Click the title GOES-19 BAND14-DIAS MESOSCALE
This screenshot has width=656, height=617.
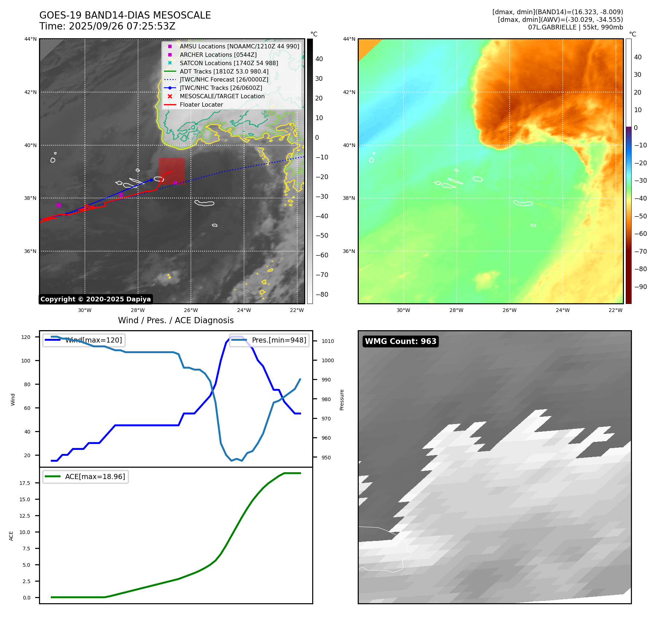tap(125, 15)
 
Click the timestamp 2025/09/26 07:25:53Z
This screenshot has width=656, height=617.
tap(122, 26)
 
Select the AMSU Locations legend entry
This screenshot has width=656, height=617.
tap(239, 47)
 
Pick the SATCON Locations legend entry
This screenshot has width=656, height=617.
tap(228, 63)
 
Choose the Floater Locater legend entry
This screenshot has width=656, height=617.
tap(201, 105)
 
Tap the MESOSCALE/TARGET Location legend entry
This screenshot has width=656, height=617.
tap(222, 96)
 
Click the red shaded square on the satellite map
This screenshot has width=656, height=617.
tap(172, 170)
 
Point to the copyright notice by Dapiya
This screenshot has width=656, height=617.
tap(95, 299)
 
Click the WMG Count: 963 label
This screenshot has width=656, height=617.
tap(400, 341)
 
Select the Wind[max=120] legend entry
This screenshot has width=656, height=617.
tap(93, 340)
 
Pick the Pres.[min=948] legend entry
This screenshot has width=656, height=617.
tap(279, 340)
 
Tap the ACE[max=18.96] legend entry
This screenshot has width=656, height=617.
tap(95, 476)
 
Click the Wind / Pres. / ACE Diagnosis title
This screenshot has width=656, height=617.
tap(176, 320)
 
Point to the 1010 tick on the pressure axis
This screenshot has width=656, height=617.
tap(327, 341)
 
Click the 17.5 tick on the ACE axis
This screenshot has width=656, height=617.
tap(25, 483)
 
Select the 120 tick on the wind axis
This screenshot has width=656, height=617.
tap(26, 337)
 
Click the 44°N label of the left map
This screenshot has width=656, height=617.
tap(31, 39)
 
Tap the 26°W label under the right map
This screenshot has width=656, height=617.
tap(509, 310)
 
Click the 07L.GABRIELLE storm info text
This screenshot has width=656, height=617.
tap(575, 27)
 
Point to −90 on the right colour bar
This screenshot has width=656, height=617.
tap(640, 287)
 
